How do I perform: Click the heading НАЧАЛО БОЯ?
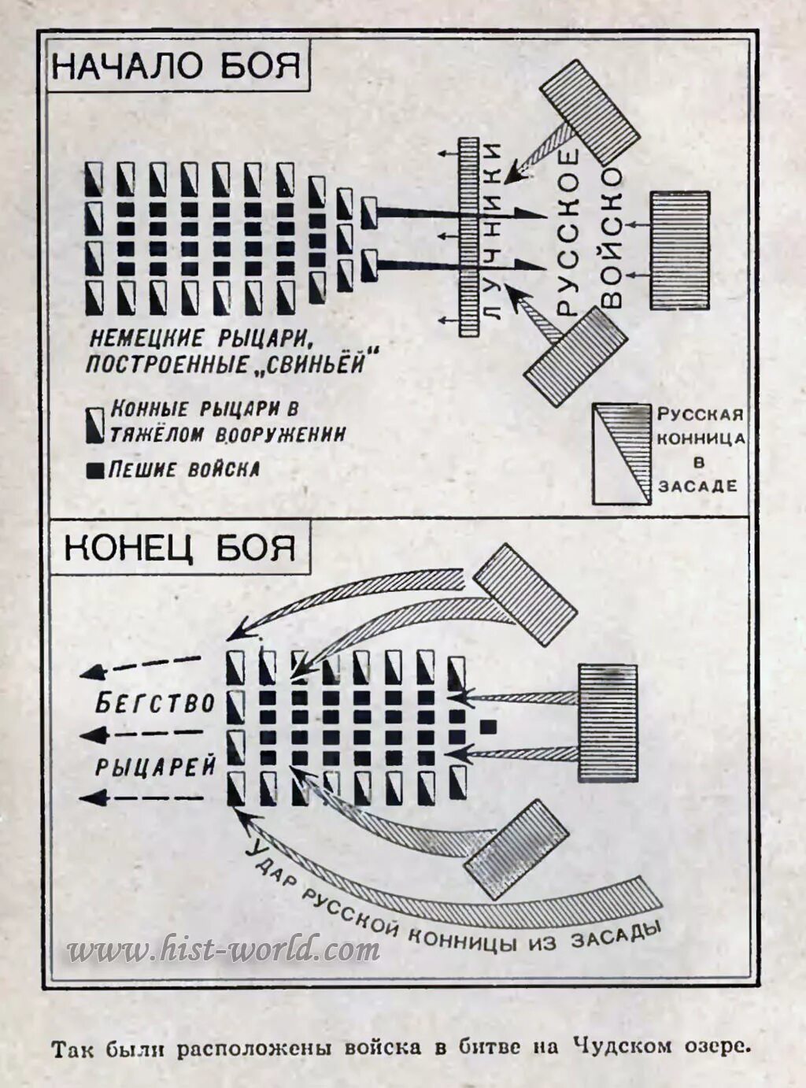pyautogui.click(x=176, y=65)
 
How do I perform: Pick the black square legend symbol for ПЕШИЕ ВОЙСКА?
pyautogui.click(x=95, y=471)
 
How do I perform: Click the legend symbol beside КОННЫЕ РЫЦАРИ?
pyautogui.click(x=95, y=424)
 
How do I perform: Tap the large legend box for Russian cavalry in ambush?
pyautogui.click(x=622, y=454)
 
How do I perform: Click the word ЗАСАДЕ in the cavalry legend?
pyautogui.click(x=697, y=486)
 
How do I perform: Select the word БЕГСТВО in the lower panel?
pyautogui.click(x=154, y=702)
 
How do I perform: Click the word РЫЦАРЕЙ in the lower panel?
pyautogui.click(x=156, y=767)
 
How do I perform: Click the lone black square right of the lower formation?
pyautogui.click(x=490, y=725)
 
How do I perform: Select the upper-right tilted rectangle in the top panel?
pyautogui.click(x=590, y=113)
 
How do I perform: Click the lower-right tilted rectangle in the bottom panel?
pyautogui.click(x=516, y=849)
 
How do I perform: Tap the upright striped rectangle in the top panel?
pyautogui.click(x=679, y=250)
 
